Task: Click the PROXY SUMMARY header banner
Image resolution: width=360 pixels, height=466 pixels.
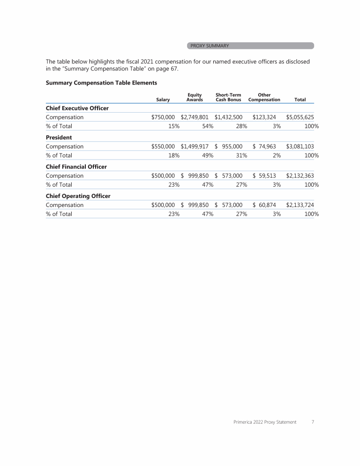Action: pos(250,46)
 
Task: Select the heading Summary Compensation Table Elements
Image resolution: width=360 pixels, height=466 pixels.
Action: pos(101,83)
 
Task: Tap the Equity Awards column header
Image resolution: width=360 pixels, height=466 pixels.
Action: pos(195,97)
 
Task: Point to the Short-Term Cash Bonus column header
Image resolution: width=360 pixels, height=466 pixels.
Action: pos(228,97)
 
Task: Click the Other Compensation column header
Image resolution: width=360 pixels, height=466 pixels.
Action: pos(264,97)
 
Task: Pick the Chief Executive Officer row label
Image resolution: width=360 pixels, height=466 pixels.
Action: pos(77,108)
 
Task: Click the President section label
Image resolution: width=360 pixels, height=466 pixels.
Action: pos(59,138)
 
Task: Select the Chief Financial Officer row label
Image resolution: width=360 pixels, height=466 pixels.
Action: pos(76,167)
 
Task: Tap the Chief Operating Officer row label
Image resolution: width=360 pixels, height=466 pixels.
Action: pos(78,196)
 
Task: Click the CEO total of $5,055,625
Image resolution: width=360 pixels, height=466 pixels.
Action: pos(300,117)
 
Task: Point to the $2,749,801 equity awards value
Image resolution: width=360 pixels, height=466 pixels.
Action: pos(195,117)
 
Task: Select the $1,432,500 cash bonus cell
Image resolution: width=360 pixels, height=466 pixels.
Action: pos(228,117)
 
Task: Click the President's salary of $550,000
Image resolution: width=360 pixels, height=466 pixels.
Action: pos(163,146)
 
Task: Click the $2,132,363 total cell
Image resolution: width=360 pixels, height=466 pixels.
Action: pos(300,176)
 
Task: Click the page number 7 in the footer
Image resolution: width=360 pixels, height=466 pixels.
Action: pos(313,422)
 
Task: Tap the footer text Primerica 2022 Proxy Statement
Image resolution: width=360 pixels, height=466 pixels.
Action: pos(265,422)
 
